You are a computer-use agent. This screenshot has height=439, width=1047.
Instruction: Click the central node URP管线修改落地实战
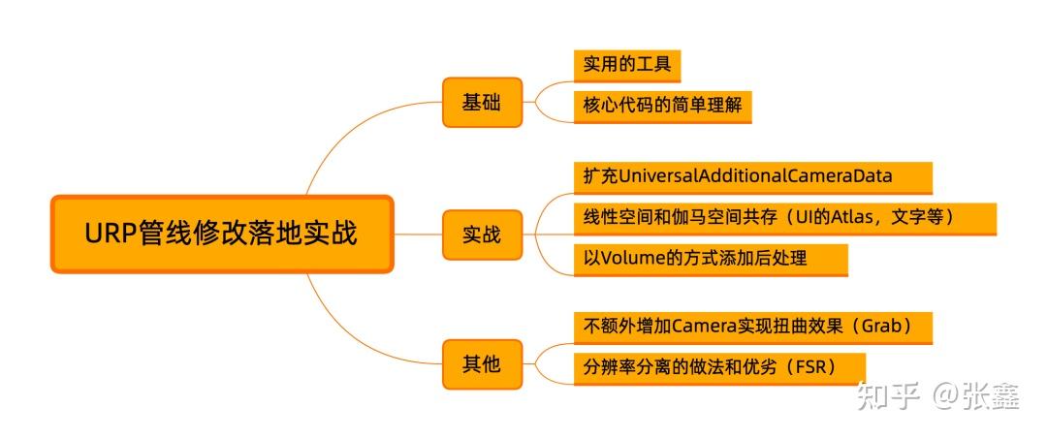point(222,235)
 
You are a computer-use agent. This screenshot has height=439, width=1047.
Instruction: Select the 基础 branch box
point(482,102)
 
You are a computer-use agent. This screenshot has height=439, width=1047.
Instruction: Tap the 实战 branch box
point(482,235)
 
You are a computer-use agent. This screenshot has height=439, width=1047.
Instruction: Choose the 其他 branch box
point(482,364)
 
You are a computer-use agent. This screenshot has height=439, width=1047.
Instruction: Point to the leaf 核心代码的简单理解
point(662,106)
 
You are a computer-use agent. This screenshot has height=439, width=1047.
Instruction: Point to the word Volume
point(633,259)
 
